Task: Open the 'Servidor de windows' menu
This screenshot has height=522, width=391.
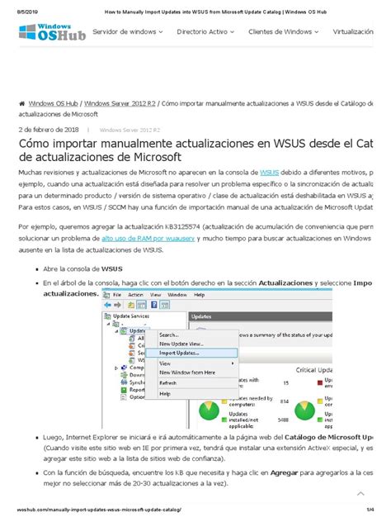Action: click(128, 31)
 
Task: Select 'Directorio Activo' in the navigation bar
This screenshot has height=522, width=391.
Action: click(206, 31)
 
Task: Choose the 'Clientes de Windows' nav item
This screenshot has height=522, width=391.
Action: click(285, 31)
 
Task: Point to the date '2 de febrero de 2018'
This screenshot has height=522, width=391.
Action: click(49, 130)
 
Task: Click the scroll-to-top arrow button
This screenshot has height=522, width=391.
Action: click(360, 493)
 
